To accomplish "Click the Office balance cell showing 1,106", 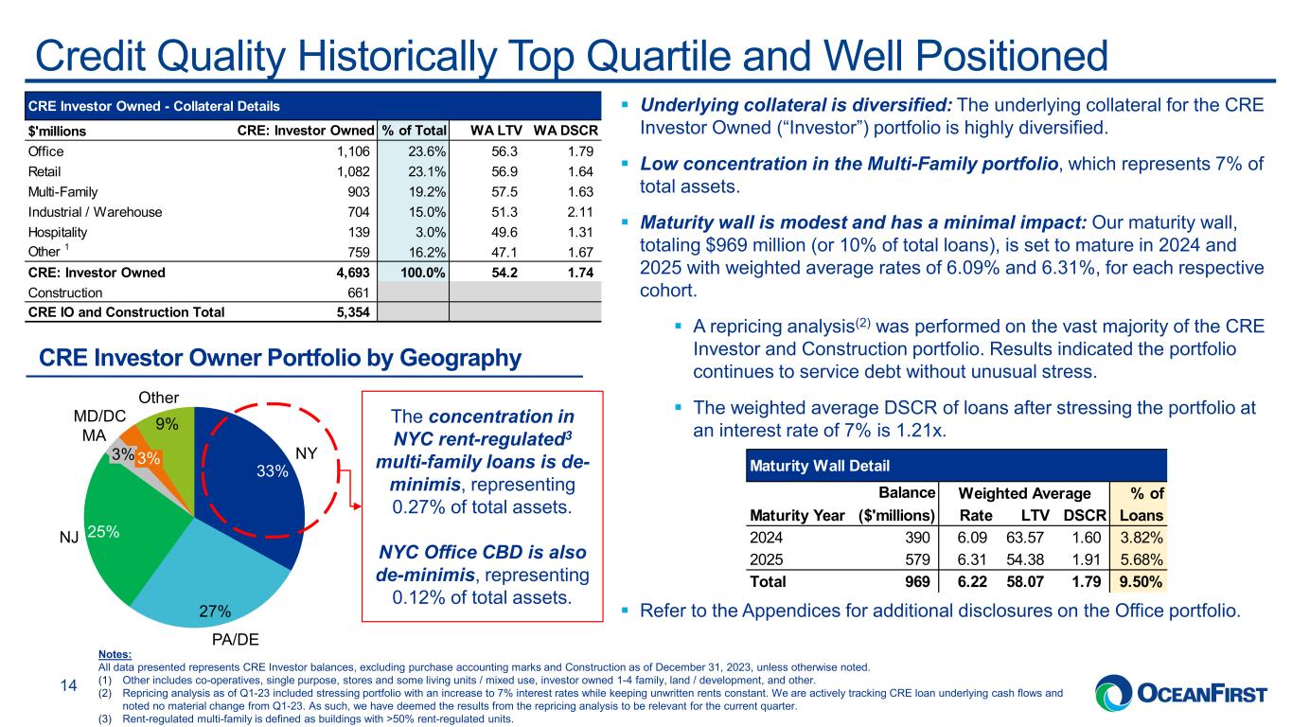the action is [x=353, y=151].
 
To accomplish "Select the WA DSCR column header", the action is [x=565, y=131].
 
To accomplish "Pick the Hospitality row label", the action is [x=58, y=233].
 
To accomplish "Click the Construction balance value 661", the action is [x=358, y=293].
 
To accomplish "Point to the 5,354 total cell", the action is [x=353, y=312].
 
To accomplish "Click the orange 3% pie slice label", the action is [x=149, y=459].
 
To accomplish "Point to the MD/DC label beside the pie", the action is [x=99, y=416].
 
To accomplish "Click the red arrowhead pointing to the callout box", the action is [x=358, y=506].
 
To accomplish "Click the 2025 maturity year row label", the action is [x=766, y=559].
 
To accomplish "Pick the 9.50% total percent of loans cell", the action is [x=1141, y=581].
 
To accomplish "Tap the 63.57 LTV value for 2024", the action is [x=1025, y=538].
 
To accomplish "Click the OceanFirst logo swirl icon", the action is [x=1114, y=693].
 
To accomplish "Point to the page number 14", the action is [x=69, y=685].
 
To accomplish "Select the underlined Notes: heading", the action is [x=115, y=654].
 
